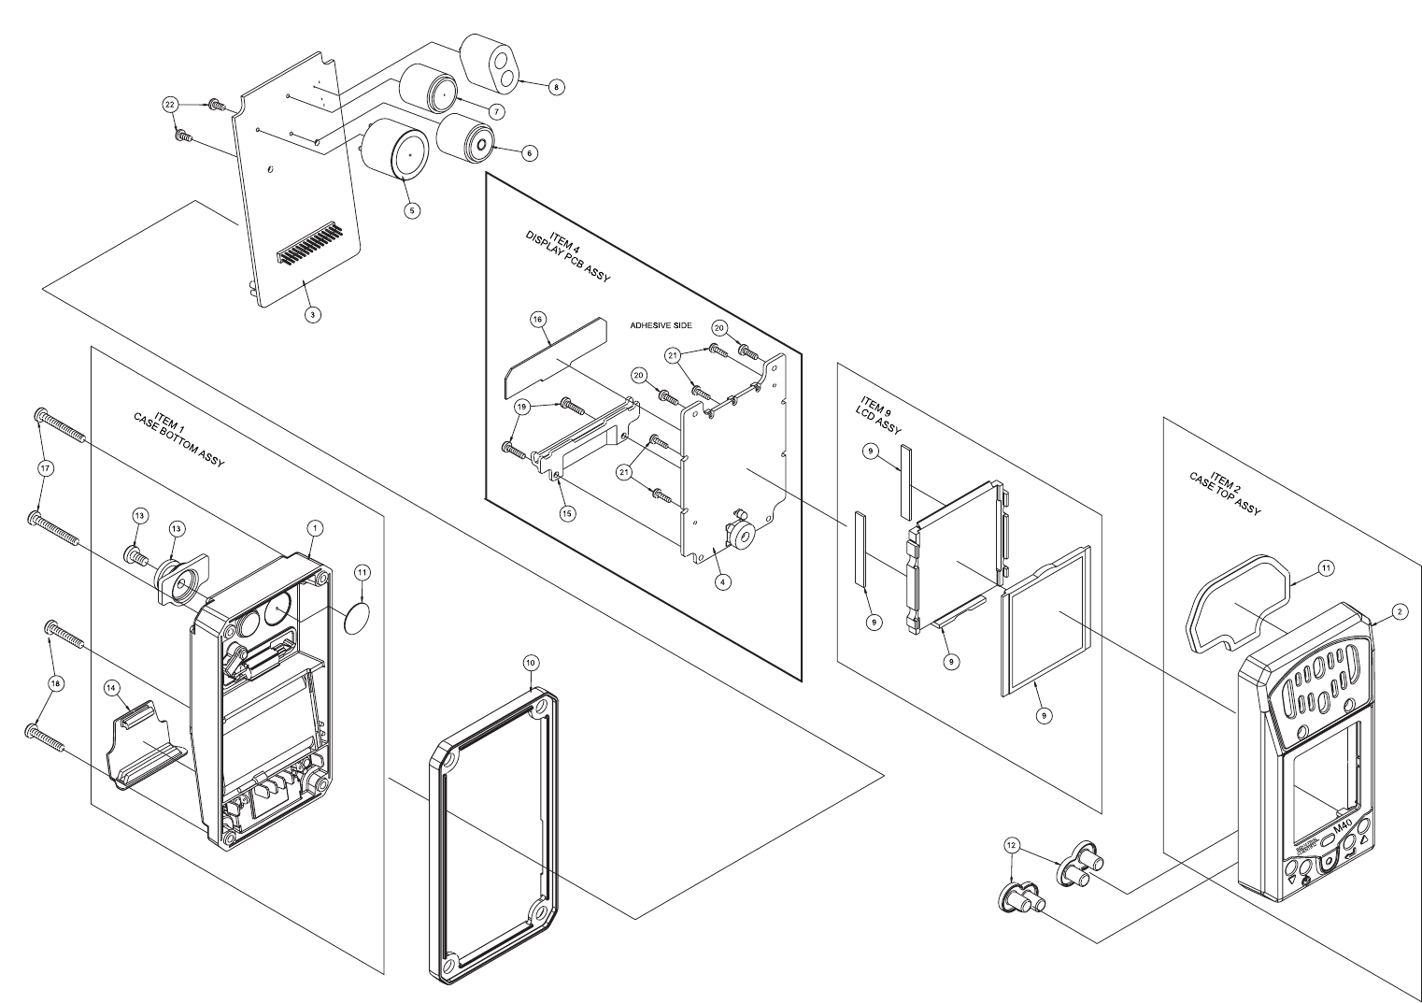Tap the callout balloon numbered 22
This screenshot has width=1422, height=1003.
click(169, 105)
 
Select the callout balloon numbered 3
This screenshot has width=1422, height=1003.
click(313, 315)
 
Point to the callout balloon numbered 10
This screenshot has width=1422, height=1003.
click(530, 662)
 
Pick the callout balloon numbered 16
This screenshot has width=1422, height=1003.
click(537, 320)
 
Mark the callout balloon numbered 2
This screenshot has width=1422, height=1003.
click(1399, 611)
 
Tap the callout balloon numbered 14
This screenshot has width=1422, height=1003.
click(111, 687)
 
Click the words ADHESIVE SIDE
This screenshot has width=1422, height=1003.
click(661, 325)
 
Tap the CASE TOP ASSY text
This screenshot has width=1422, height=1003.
click(1225, 494)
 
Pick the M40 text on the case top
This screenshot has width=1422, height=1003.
click(1343, 827)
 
